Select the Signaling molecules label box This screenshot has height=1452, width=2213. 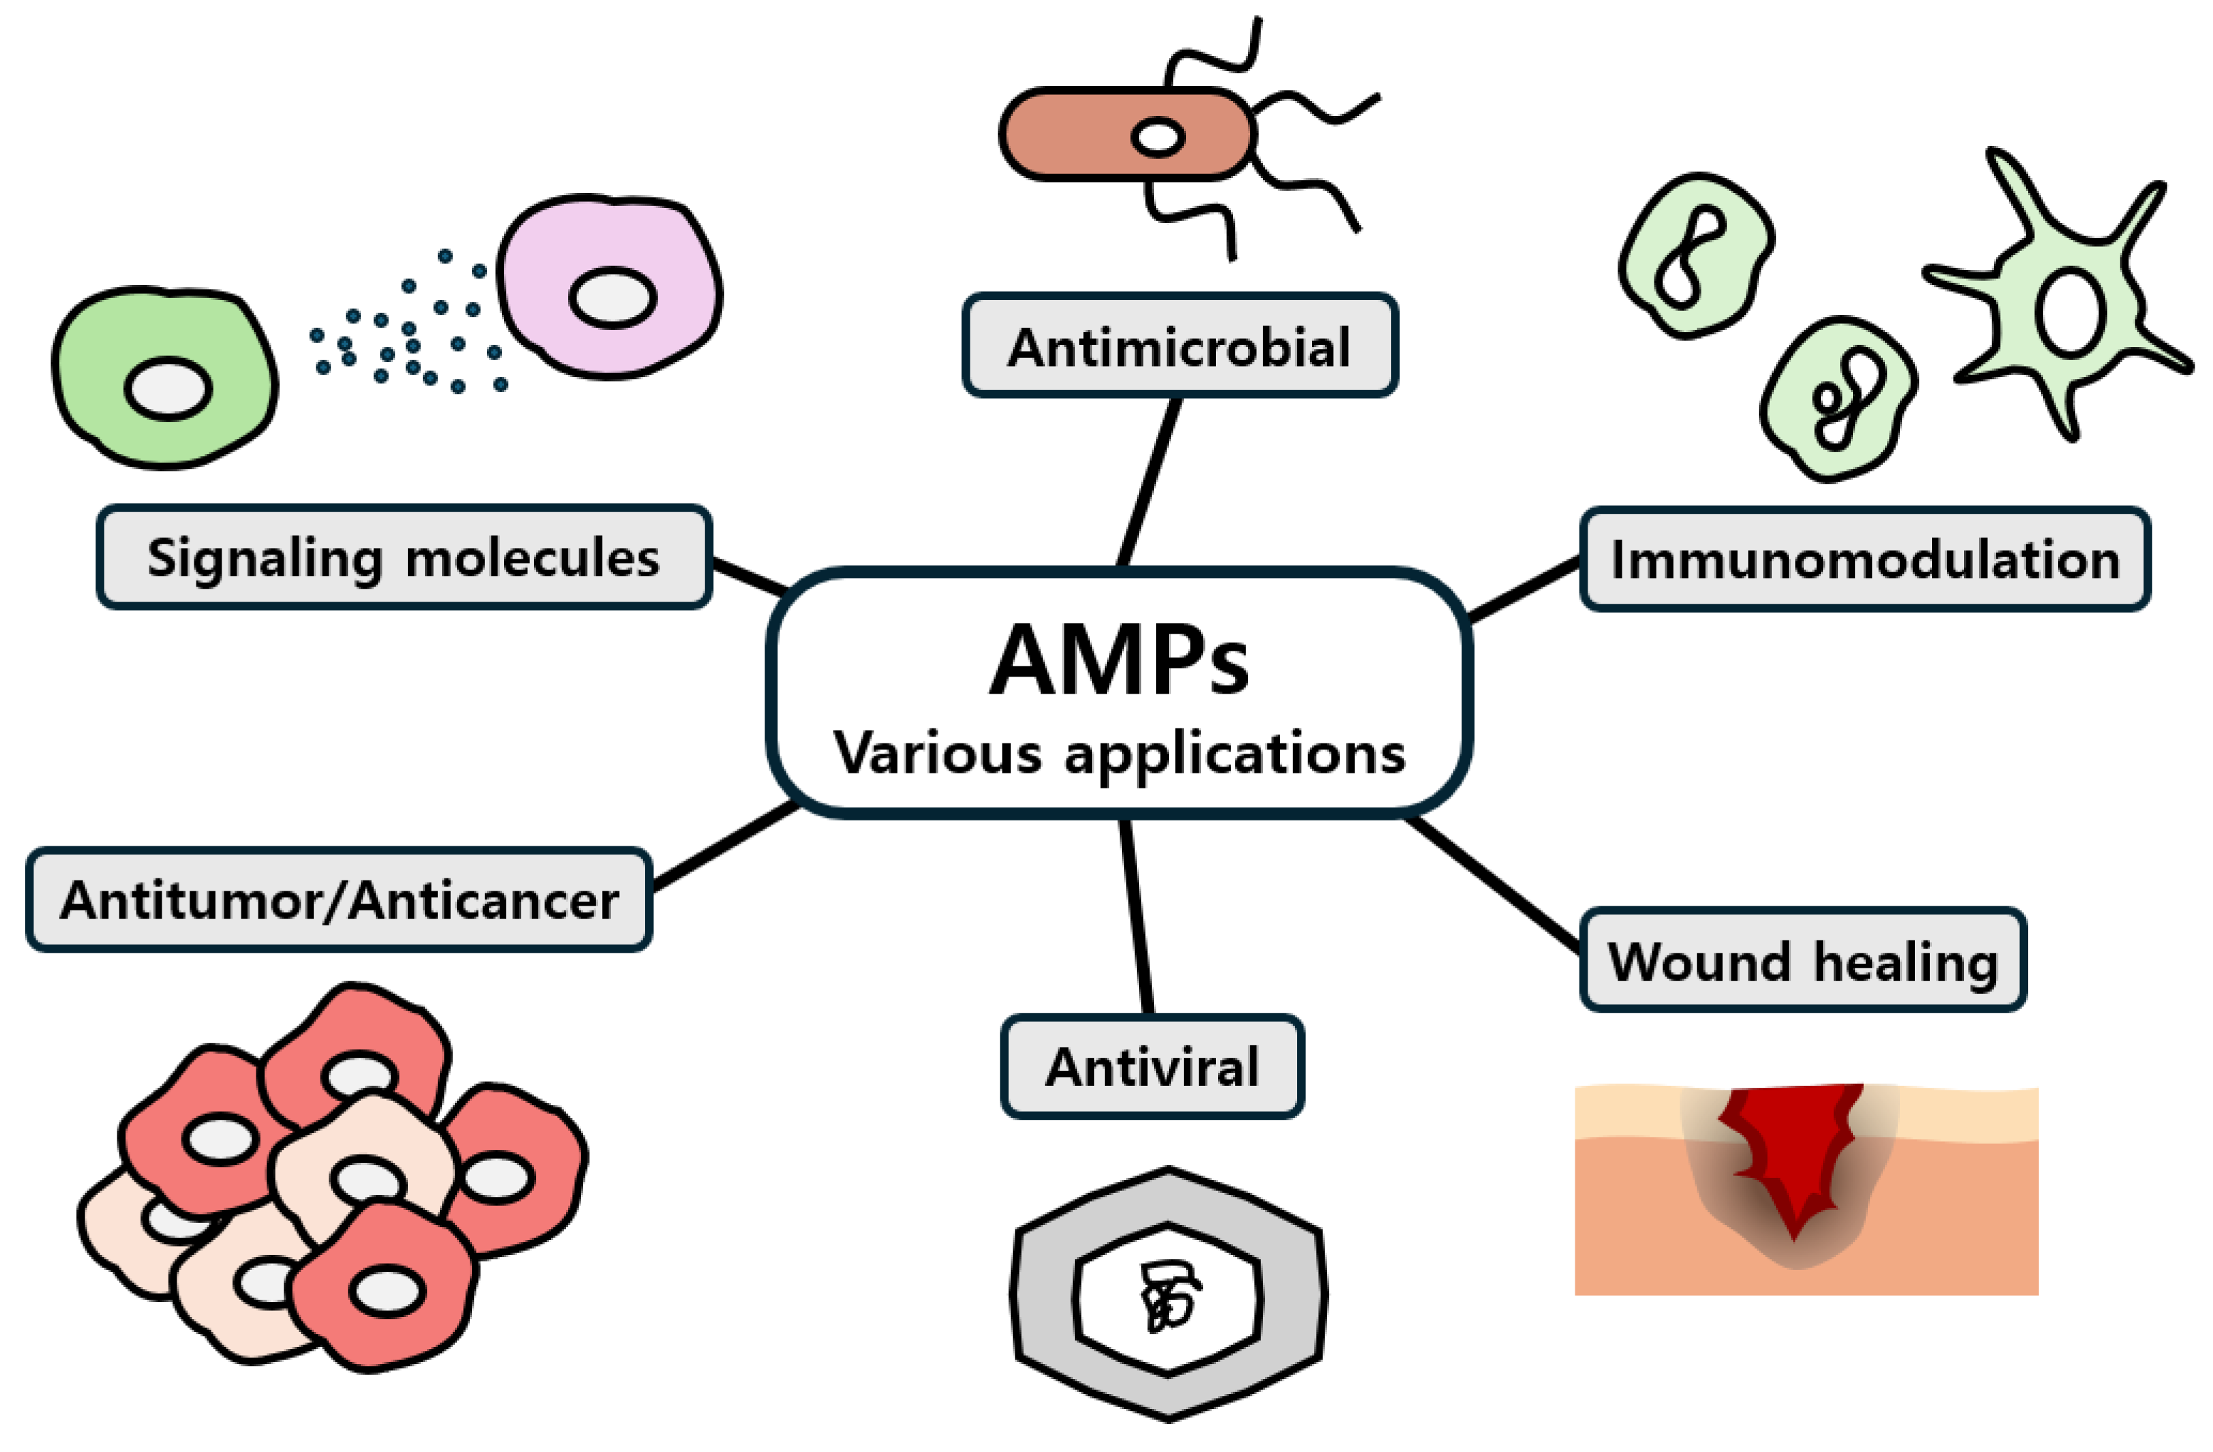point(404,558)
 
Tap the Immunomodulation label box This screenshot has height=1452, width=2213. point(1865,560)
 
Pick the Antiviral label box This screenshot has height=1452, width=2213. point(1152,1067)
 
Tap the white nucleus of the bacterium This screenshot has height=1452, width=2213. point(1157,138)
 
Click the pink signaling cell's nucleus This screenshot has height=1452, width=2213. point(613,297)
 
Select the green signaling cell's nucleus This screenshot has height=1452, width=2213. point(168,389)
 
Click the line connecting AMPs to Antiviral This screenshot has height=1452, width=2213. point(1136,916)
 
